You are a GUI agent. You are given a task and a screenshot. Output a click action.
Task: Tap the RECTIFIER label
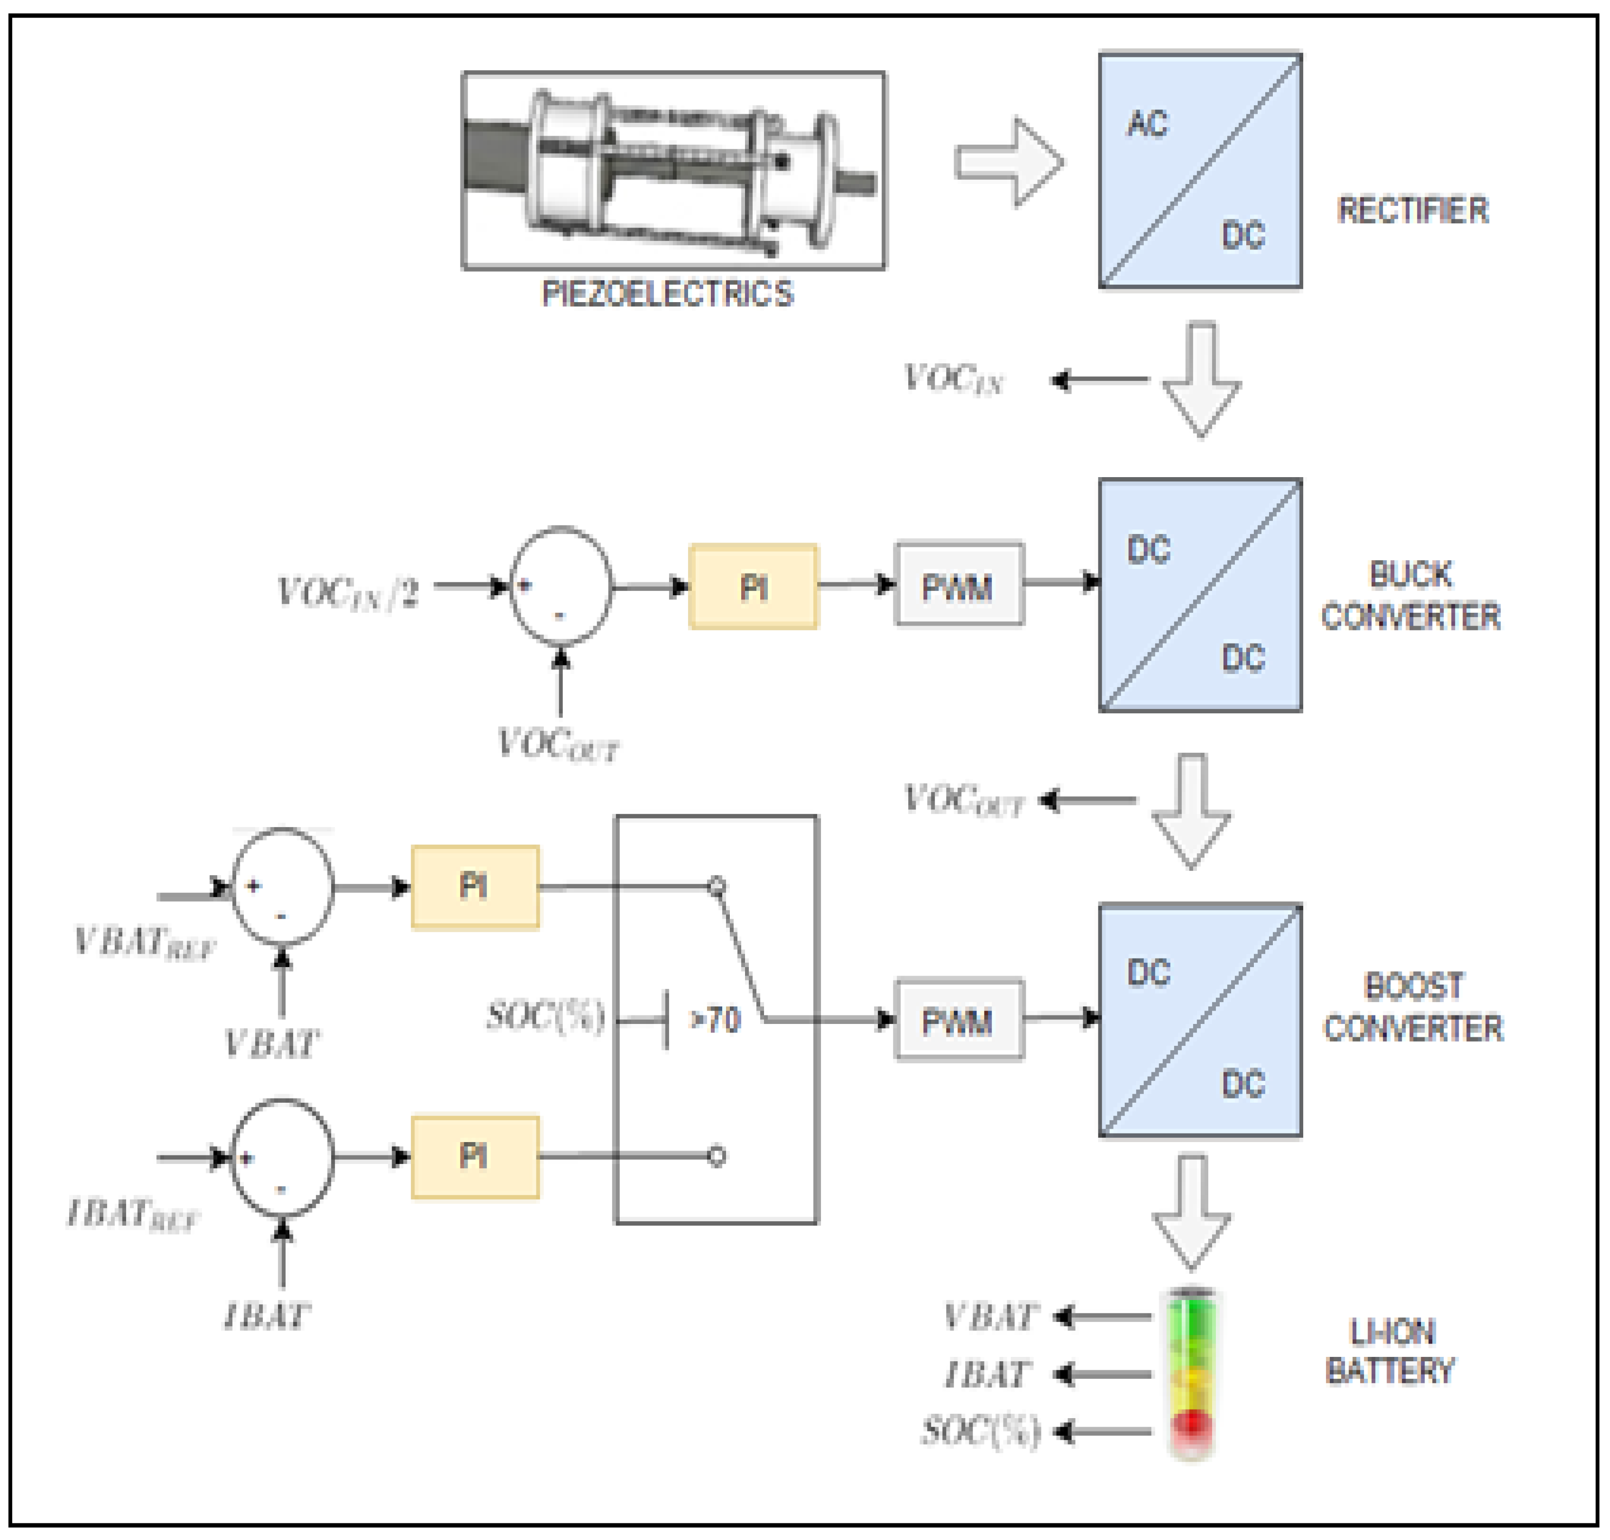(x=1412, y=210)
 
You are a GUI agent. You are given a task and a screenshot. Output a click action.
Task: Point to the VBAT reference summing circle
(x=282, y=886)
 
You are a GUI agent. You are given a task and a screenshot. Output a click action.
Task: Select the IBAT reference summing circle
(x=282, y=1157)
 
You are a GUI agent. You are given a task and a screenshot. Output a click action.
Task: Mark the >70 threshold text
(x=716, y=1020)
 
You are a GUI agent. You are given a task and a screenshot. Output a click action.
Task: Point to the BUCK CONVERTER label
(x=1411, y=595)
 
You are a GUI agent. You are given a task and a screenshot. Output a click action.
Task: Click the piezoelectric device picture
(x=673, y=170)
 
